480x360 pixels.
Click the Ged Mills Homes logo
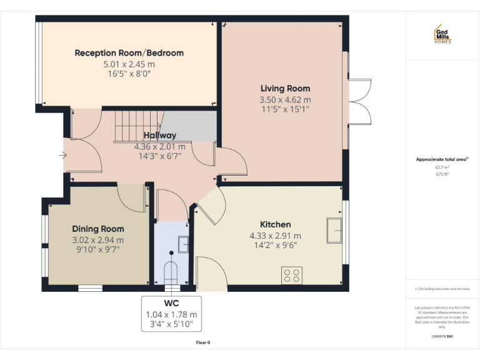(x=442, y=35)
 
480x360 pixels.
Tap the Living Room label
(x=285, y=88)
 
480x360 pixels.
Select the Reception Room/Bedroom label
(x=129, y=53)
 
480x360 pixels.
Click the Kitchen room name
(x=275, y=224)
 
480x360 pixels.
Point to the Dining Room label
(x=98, y=229)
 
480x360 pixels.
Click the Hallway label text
(x=160, y=135)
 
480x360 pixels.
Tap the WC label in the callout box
(x=171, y=304)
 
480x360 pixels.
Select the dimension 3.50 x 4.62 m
(x=285, y=99)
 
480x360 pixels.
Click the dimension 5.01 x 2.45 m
(x=129, y=64)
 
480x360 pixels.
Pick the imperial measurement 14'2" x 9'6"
(x=275, y=245)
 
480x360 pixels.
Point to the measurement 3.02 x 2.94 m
(x=98, y=239)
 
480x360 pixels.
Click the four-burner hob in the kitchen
(x=292, y=276)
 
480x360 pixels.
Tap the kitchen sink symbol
(x=333, y=231)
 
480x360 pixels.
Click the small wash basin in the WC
(x=182, y=243)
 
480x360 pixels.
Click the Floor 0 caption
(x=203, y=342)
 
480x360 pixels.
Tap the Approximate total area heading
(x=442, y=159)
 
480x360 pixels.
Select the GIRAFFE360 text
(x=442, y=336)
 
